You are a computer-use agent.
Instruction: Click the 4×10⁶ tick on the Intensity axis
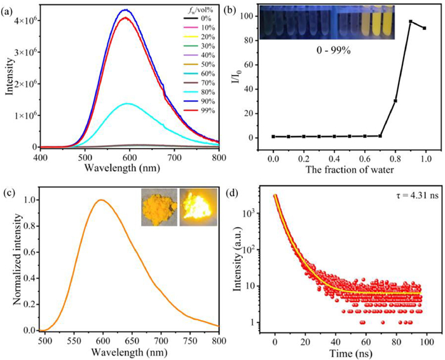tap(27, 20)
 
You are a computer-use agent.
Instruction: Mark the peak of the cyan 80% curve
tap(127, 104)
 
